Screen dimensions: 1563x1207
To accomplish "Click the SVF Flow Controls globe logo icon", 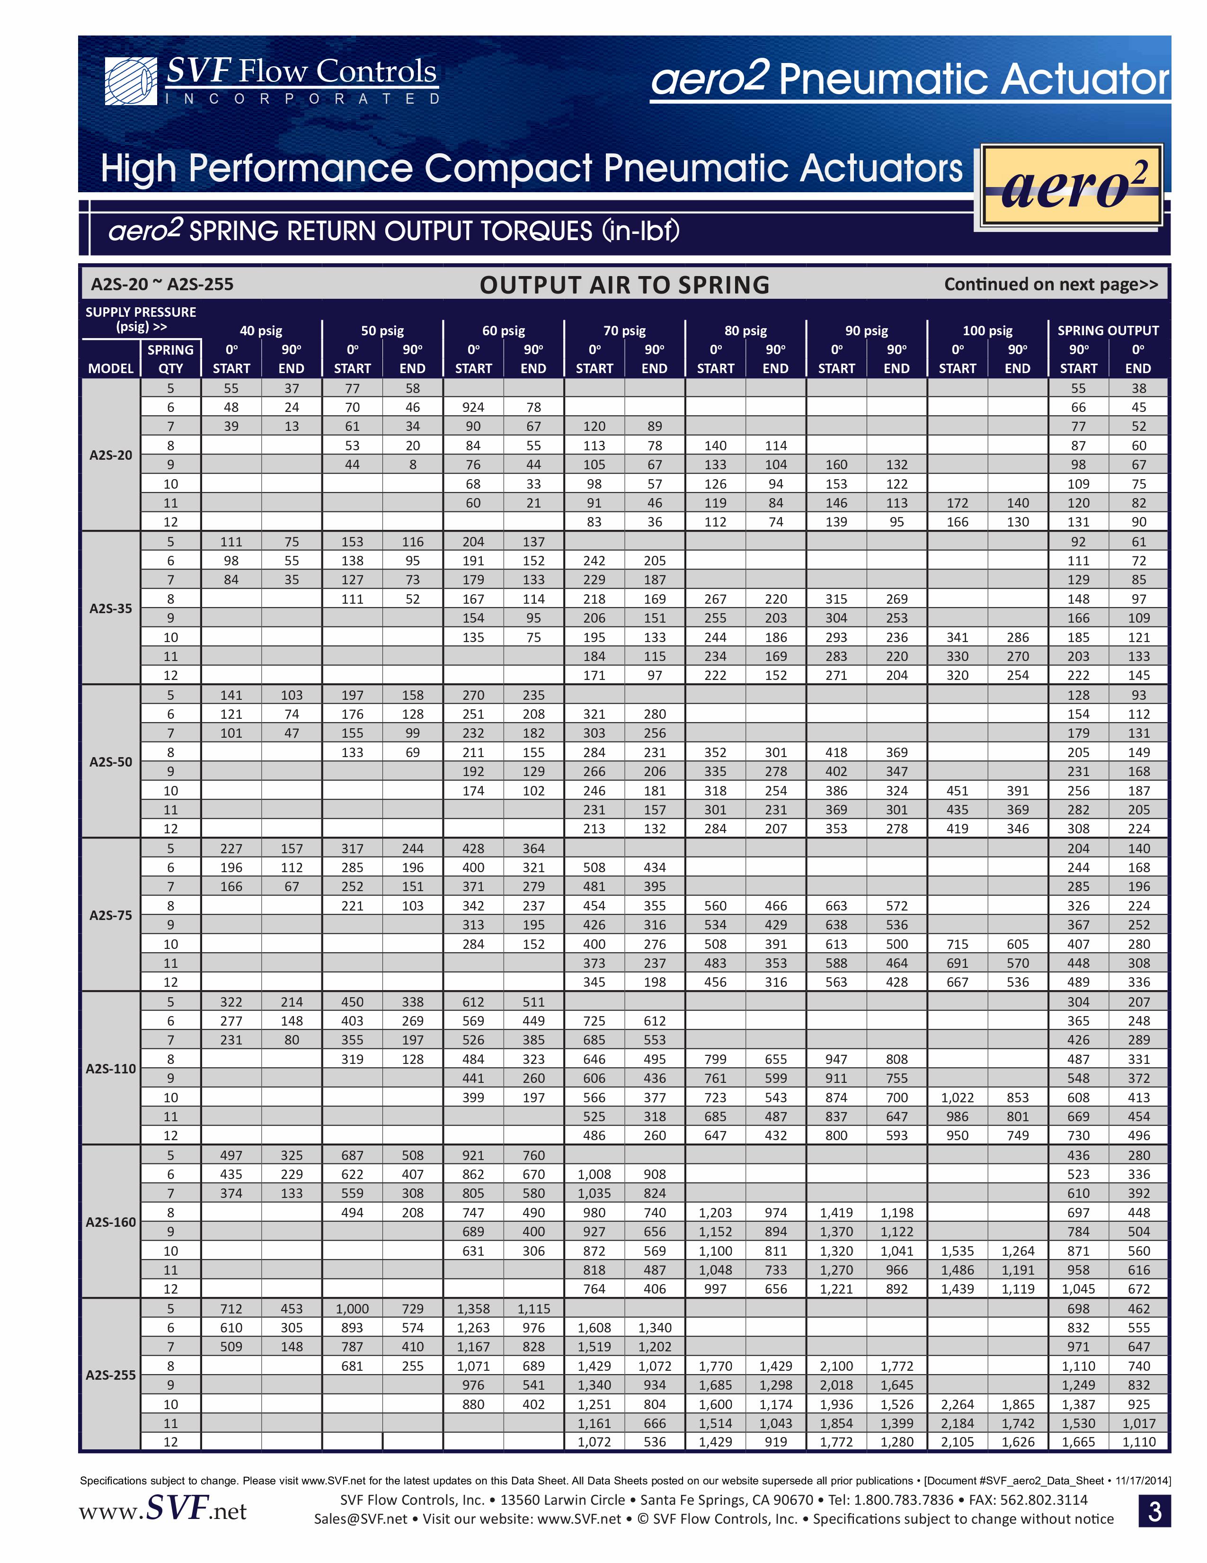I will (130, 81).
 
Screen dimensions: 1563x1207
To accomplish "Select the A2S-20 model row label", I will (111, 455).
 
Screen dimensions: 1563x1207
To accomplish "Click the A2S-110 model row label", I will (111, 1069).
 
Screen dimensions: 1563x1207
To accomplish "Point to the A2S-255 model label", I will (111, 1375).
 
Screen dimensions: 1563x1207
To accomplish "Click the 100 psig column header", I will (987, 330).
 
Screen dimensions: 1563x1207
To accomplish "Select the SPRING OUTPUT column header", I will (1108, 330).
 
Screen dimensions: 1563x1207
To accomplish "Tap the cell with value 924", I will (473, 407).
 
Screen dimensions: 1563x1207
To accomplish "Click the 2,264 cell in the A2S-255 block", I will (957, 1404).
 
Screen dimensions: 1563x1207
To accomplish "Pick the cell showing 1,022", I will (957, 1097).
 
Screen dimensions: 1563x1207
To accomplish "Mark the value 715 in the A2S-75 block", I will (957, 944).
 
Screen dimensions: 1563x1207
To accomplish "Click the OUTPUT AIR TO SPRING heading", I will (624, 285).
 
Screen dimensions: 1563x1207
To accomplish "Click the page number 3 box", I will (1154, 1511).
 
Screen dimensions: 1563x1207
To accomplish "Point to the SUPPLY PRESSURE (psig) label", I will (141, 319).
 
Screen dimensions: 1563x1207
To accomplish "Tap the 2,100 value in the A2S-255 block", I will (836, 1366).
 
